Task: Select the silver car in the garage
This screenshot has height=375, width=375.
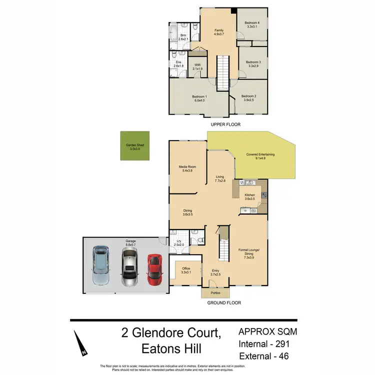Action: (x=129, y=267)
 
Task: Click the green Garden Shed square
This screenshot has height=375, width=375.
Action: (x=134, y=147)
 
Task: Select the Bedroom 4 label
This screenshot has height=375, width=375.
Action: (x=252, y=23)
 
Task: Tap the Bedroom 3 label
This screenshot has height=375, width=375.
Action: (x=253, y=62)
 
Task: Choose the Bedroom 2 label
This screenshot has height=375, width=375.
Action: (x=248, y=96)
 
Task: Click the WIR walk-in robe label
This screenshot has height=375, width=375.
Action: (x=197, y=65)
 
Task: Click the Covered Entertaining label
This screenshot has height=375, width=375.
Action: (x=260, y=154)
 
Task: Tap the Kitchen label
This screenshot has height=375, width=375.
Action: (x=249, y=195)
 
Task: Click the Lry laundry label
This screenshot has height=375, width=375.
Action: (x=178, y=241)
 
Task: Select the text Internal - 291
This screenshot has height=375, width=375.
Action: (x=264, y=344)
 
